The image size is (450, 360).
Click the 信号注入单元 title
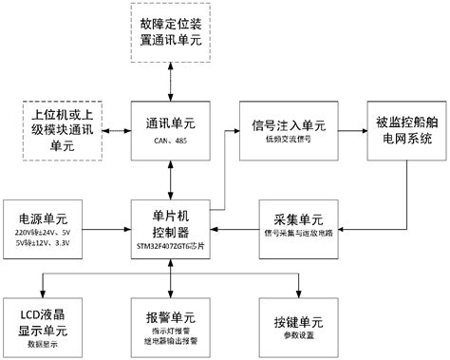coord(289,123)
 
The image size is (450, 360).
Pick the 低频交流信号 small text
coord(289,138)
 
